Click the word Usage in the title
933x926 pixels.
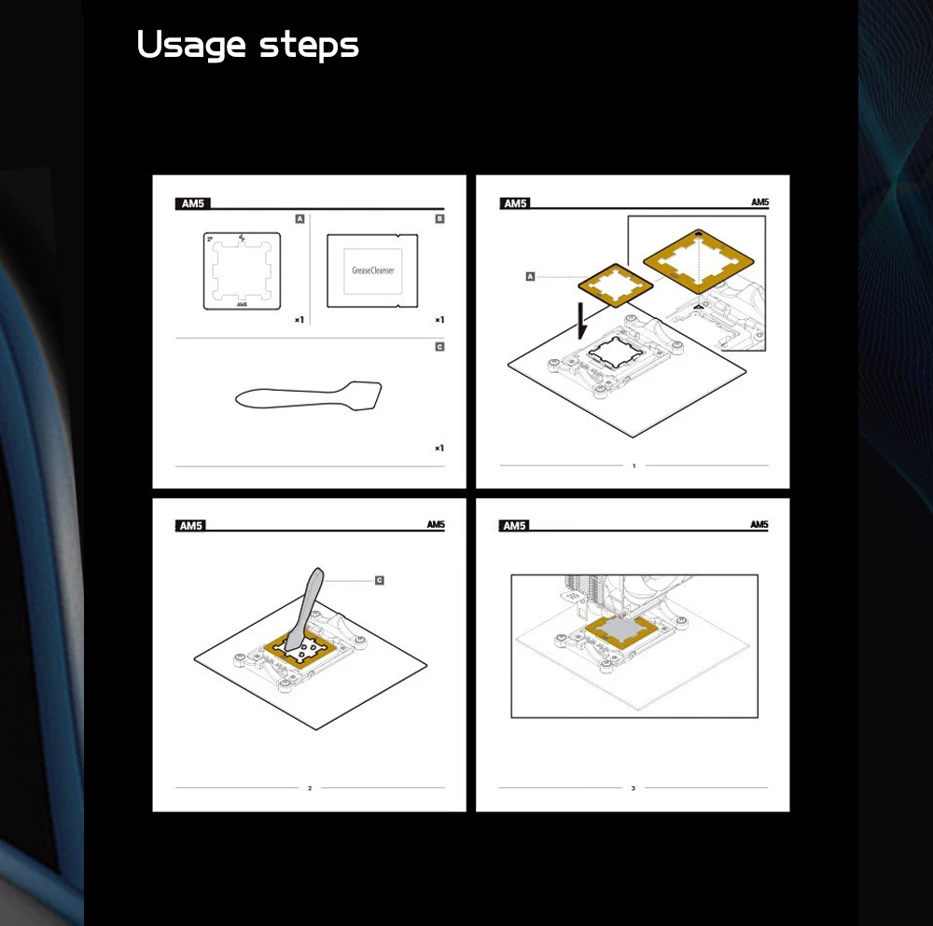(191, 45)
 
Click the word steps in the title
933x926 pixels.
(310, 47)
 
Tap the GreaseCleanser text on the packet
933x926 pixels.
(373, 270)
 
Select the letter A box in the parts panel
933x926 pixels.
(299, 219)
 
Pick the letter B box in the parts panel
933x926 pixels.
(439, 219)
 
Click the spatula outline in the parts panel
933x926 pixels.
(308, 396)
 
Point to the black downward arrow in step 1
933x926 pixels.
(582, 321)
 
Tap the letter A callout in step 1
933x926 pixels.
(530, 277)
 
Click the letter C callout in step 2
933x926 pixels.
(380, 580)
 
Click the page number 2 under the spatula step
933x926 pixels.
(310, 789)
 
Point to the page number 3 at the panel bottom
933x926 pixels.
(634, 789)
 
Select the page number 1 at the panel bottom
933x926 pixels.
(634, 465)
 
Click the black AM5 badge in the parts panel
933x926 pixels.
(192, 203)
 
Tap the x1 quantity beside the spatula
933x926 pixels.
(439, 449)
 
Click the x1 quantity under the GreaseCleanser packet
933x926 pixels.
(439, 320)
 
